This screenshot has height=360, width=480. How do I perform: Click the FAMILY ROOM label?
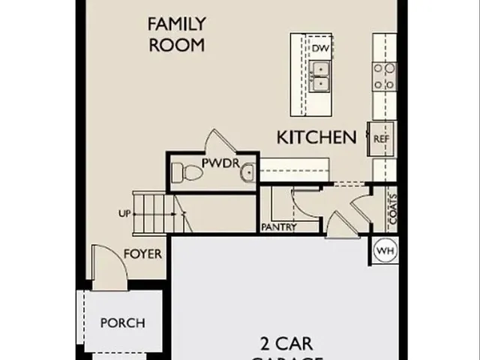click(177, 34)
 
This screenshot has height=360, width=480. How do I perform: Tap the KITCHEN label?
click(316, 137)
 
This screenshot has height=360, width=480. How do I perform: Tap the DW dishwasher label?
click(321, 49)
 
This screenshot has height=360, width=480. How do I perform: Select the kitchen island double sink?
click(321, 75)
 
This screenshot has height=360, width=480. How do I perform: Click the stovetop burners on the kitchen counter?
click(385, 75)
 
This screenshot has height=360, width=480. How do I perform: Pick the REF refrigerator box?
click(381, 138)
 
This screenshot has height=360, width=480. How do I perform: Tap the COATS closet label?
click(392, 211)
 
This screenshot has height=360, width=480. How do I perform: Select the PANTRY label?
click(279, 227)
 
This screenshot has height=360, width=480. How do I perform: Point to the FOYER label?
click(142, 254)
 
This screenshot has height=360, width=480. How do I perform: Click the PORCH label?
click(122, 323)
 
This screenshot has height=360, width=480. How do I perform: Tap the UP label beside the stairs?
click(124, 213)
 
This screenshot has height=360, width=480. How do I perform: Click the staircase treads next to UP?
click(154, 213)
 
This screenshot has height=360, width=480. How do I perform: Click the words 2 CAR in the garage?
click(286, 344)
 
